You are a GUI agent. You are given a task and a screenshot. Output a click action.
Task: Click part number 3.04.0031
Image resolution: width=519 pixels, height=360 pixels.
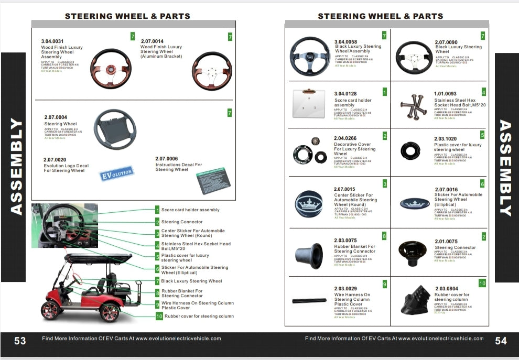(52, 41)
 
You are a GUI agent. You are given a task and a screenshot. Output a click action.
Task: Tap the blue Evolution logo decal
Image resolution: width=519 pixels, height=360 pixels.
(116, 173)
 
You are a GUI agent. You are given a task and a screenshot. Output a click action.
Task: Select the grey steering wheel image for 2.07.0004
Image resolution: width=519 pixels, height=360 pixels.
(114, 129)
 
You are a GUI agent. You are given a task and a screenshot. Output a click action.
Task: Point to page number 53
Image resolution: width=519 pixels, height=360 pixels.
(20, 341)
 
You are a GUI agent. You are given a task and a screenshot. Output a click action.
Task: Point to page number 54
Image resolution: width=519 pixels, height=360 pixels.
(501, 341)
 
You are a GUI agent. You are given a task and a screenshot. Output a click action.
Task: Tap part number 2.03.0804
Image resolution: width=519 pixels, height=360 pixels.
(446, 288)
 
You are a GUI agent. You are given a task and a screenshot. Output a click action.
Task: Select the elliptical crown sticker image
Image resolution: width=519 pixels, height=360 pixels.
(415, 203)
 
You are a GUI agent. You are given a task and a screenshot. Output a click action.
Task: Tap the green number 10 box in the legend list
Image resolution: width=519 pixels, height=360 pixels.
(159, 316)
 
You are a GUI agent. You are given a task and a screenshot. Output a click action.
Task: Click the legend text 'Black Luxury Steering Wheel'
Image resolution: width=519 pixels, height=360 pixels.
(191, 281)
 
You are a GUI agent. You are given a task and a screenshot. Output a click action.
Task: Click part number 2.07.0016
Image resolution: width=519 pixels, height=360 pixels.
(446, 190)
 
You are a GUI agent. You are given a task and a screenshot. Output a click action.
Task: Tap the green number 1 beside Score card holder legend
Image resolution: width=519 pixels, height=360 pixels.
(157, 210)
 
